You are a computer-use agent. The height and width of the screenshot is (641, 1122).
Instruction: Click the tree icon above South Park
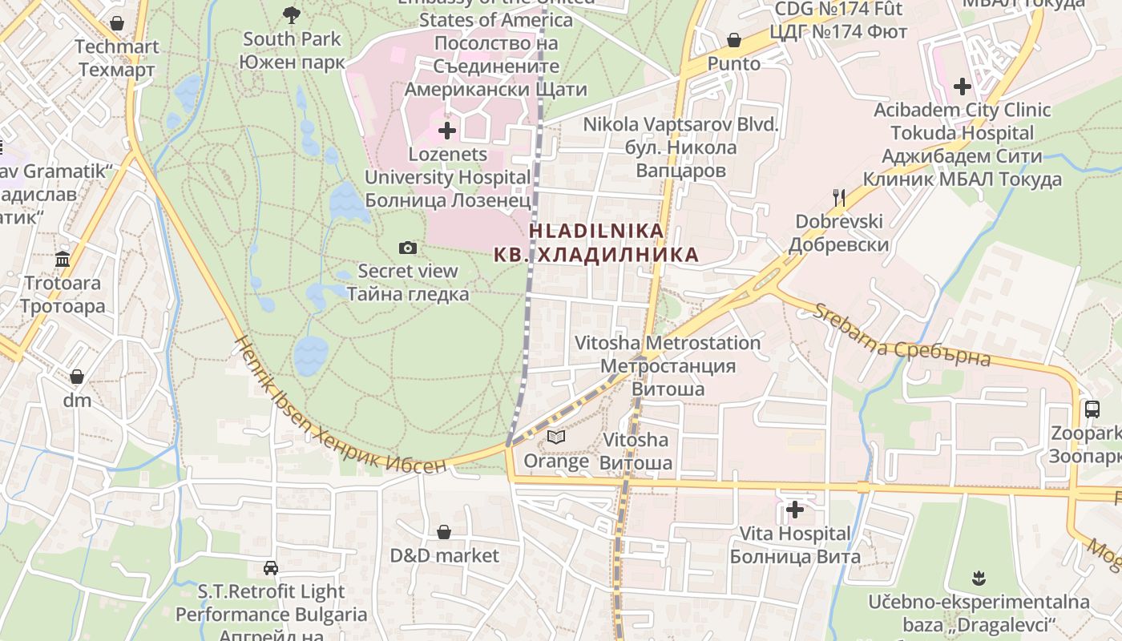(292, 14)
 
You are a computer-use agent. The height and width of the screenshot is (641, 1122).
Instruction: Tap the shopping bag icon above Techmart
(117, 22)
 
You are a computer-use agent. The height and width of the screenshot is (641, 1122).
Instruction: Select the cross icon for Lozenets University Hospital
(447, 130)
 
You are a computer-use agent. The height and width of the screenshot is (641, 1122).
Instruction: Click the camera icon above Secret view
(408, 248)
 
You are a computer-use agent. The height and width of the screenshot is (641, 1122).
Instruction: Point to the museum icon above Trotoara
(63, 259)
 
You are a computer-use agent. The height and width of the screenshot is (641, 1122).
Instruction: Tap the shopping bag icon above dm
(77, 376)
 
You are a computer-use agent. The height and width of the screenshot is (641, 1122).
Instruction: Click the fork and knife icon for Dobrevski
(839, 196)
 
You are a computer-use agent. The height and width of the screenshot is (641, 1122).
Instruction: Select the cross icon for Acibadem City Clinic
(963, 86)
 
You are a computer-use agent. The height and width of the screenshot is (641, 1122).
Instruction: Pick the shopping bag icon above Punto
(733, 39)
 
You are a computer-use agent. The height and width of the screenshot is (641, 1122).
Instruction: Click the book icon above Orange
(556, 437)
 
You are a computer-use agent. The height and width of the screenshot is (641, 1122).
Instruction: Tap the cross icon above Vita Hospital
(795, 509)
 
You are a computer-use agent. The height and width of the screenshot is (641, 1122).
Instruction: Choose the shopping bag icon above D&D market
(444, 531)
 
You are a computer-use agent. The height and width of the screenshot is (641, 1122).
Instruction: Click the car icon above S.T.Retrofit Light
(271, 568)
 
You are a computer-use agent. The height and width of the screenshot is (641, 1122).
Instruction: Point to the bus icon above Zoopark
(1092, 409)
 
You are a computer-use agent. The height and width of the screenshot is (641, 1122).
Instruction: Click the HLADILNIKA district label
(596, 231)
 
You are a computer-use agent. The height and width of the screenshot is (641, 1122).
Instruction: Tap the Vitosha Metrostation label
(668, 343)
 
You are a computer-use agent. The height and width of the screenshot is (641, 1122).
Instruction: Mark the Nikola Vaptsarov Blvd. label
(680, 125)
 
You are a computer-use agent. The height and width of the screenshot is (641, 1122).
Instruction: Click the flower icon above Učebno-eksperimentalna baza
(979, 577)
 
